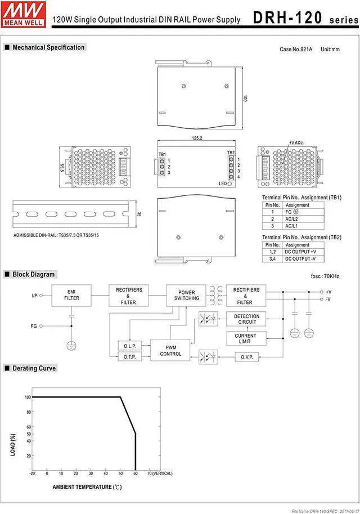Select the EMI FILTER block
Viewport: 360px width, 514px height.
tap(71, 294)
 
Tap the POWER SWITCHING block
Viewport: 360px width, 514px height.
tap(186, 296)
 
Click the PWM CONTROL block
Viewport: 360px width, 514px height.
tap(170, 351)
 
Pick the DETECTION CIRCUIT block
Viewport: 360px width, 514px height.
tap(246, 319)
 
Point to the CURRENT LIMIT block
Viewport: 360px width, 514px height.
tap(246, 338)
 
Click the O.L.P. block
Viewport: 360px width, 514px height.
tap(130, 346)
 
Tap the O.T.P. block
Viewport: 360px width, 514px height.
tap(130, 357)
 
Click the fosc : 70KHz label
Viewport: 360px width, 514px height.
tap(325, 276)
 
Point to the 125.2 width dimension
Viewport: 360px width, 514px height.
tap(197, 138)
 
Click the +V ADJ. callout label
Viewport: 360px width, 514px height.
tap(296, 143)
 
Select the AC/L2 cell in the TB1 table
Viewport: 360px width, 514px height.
tap(292, 219)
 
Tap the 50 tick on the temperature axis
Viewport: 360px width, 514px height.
tap(120, 473)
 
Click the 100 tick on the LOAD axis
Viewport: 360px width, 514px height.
tap(28, 397)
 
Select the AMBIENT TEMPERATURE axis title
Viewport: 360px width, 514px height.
tap(87, 486)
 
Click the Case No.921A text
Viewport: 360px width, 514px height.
tap(296, 50)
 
